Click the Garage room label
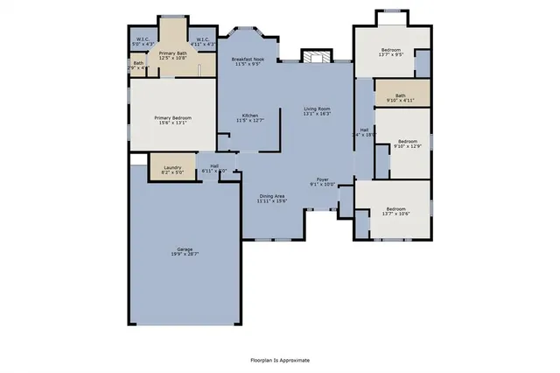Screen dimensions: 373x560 click(185, 249)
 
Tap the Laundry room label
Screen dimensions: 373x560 click(171, 166)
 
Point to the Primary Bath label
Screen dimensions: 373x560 click(172, 54)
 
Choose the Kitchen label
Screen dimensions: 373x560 click(249, 115)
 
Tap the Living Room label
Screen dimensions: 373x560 click(317, 108)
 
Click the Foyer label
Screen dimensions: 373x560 click(322, 178)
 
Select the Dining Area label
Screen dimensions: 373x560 click(271, 196)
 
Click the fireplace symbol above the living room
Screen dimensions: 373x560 click(316, 55)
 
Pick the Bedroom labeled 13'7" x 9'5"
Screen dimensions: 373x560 click(392, 52)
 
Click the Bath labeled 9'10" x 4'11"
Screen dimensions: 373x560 click(400, 95)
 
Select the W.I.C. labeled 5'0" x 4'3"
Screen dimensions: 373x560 click(143, 40)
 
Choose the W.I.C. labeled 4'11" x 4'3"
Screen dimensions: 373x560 click(202, 40)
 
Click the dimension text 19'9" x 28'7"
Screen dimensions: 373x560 click(185, 254)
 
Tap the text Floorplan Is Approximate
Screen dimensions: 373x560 click(280, 359)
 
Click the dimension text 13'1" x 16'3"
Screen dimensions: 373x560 click(317, 113)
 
